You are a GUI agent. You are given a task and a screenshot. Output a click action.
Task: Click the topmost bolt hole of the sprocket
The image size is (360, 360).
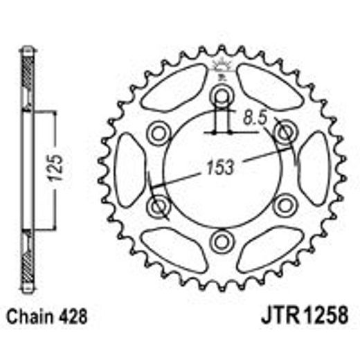(222, 94)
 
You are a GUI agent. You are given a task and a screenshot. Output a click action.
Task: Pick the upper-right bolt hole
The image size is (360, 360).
(285, 131)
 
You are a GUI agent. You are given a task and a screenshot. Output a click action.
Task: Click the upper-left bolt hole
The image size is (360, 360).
(159, 131)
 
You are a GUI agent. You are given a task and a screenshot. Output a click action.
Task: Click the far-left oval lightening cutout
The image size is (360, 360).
(129, 169)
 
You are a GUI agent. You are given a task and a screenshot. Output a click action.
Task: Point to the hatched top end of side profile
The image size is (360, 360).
(28, 76)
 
